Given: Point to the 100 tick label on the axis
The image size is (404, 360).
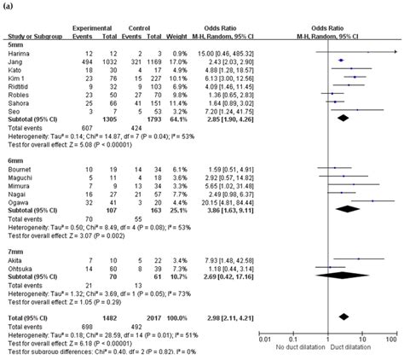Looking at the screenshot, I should (x=391, y=340).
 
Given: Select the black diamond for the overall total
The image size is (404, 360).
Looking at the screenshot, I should (x=344, y=316).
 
